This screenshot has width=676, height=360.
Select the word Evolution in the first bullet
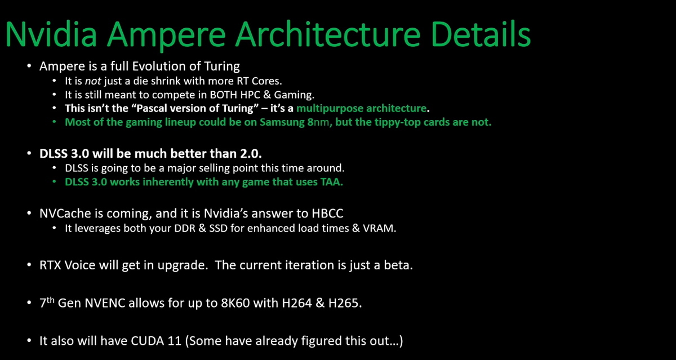click(x=159, y=66)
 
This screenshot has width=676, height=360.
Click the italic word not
click(x=93, y=81)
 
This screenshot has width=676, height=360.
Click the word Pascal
click(x=154, y=108)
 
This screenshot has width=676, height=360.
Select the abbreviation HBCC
click(x=327, y=214)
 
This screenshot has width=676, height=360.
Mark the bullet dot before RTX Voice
click(x=29, y=265)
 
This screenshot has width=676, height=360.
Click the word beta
click(x=398, y=265)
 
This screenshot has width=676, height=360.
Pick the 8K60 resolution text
click(x=235, y=303)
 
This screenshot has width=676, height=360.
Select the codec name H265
click(x=345, y=303)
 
